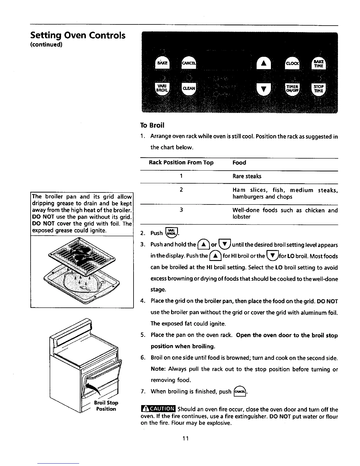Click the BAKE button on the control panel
(162, 63)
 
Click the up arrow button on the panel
(264, 63)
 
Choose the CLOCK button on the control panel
(292, 63)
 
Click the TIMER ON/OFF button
(292, 88)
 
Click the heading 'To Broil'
(152, 125)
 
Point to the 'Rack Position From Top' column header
(181, 163)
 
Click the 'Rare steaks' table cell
(247, 176)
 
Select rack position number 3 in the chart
(181, 210)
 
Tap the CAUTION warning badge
(158, 409)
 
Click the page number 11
(185, 439)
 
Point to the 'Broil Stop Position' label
(106, 406)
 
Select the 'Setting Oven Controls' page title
(78, 36)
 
